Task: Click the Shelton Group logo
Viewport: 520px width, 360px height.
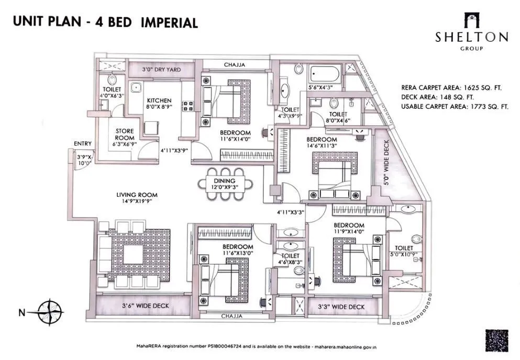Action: (471, 32)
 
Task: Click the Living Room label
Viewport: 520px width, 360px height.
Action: (137, 195)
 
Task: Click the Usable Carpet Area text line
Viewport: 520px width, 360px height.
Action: (455, 106)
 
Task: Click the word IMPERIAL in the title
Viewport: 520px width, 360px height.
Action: (169, 22)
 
